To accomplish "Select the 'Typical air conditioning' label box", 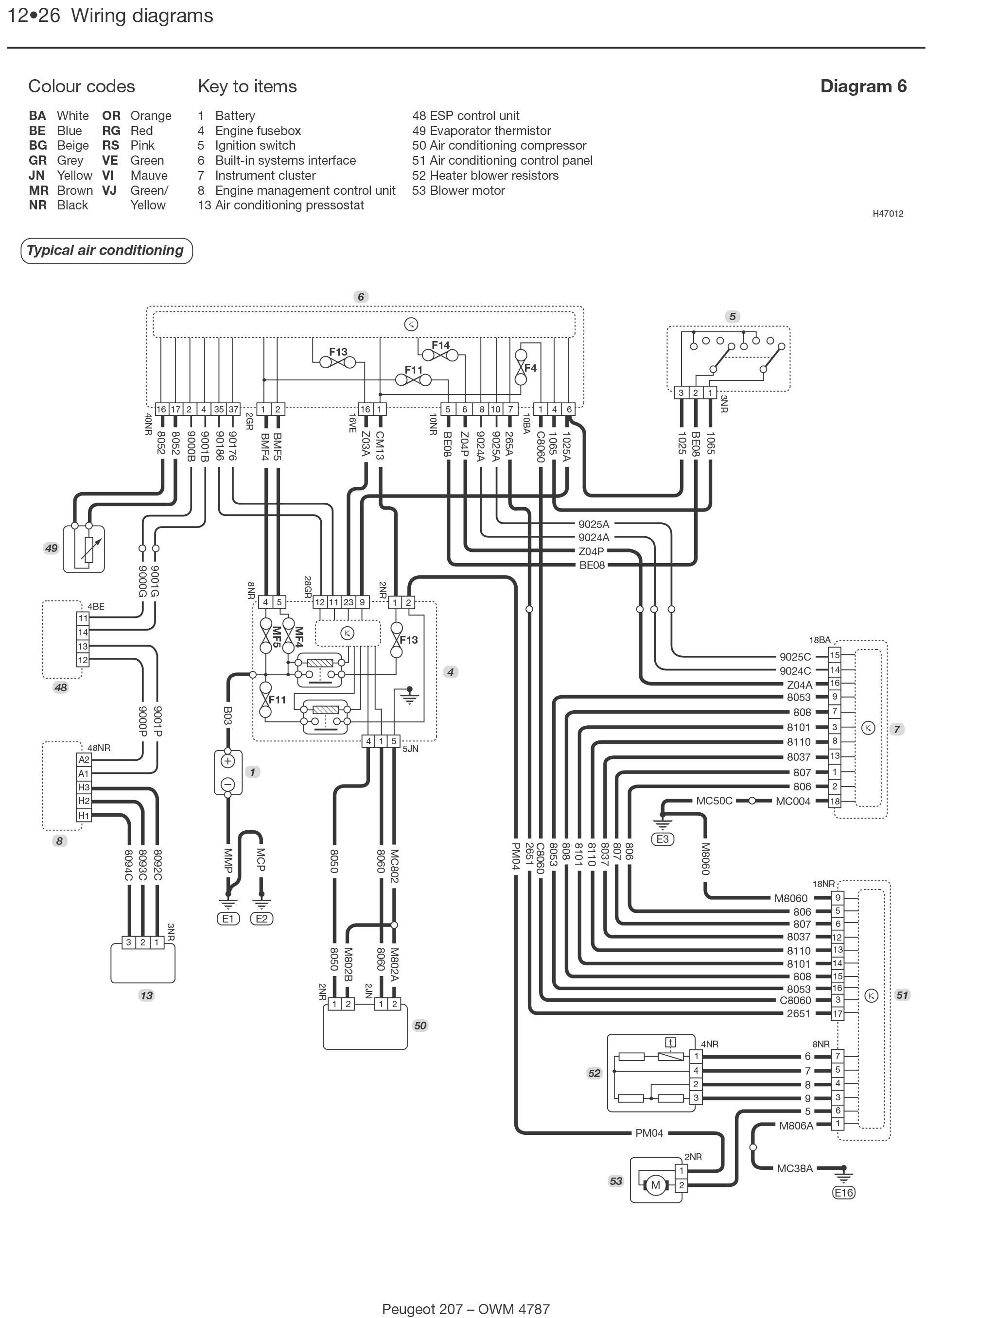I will point(106,251).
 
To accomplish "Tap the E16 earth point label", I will point(843,1192).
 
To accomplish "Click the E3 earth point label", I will point(662,839).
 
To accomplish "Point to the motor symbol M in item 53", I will point(655,1185).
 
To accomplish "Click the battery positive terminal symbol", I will point(227,761).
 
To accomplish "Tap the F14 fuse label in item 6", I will point(440,345).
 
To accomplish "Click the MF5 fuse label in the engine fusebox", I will point(277,637).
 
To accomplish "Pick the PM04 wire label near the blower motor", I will point(649,1133).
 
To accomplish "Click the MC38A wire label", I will point(795,1168).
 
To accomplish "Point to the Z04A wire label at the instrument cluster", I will point(799,685).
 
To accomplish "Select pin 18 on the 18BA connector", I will point(835,802).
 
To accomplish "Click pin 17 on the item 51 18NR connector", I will point(838,1013).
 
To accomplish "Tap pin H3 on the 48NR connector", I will point(84,787).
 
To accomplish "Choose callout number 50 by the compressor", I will point(420,1026).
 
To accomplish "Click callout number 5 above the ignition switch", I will point(733,317).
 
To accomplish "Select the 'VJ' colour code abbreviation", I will point(109,190).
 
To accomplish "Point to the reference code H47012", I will point(888,214).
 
